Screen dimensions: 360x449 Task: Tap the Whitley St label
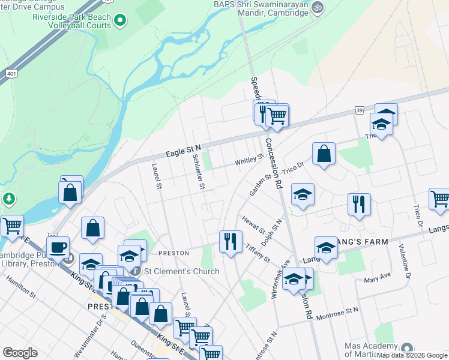[x=249, y=160]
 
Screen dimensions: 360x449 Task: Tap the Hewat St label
[x=254, y=226]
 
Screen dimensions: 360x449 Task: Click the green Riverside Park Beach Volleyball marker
[x=119, y=22]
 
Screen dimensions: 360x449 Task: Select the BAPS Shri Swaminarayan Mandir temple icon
[x=319, y=7]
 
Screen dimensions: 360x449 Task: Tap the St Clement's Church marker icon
[x=136, y=271]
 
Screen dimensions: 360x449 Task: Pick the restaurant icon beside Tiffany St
[x=231, y=241]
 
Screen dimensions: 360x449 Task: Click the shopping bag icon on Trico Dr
[x=324, y=154]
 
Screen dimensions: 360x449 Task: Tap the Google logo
[x=20, y=353]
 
